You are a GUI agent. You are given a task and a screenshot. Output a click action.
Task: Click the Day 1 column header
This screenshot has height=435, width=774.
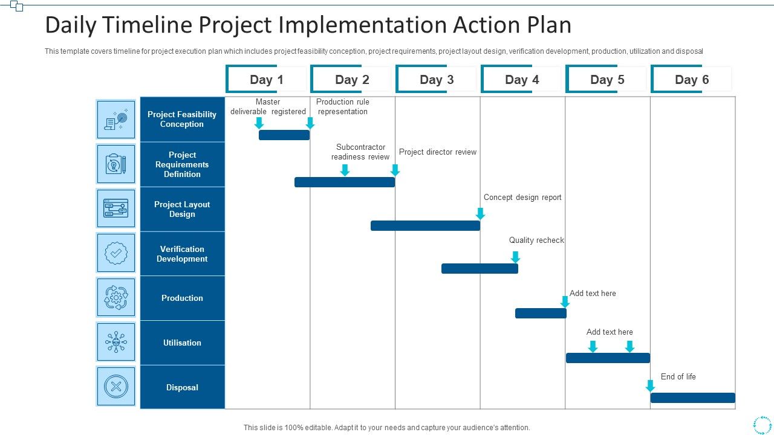pyautogui.click(x=267, y=80)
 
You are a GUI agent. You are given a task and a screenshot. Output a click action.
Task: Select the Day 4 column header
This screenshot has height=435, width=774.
pyautogui.click(x=522, y=80)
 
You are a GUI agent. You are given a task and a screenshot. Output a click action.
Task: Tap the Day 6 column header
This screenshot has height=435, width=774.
pyautogui.click(x=692, y=80)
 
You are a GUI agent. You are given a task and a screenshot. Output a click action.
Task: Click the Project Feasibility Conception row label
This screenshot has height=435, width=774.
pyautogui.click(x=182, y=119)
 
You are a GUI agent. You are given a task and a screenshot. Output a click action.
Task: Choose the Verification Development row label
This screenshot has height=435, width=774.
pyautogui.click(x=182, y=254)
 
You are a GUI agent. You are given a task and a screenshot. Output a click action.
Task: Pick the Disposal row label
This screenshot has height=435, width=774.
pyautogui.click(x=182, y=387)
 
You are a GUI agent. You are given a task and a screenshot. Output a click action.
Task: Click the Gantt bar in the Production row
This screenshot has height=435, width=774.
pyautogui.click(x=541, y=313)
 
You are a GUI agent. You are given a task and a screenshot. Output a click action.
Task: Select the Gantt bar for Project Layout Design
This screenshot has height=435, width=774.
pyautogui.click(x=425, y=225)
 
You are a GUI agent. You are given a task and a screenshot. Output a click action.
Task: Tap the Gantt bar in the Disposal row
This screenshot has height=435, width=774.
pyautogui.click(x=692, y=398)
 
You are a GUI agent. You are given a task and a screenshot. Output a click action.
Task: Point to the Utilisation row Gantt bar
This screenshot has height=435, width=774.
pyautogui.click(x=608, y=358)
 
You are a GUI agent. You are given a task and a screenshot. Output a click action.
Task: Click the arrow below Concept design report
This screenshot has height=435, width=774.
pyautogui.click(x=480, y=213)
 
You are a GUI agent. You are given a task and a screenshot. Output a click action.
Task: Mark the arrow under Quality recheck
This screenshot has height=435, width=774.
pyautogui.click(x=515, y=257)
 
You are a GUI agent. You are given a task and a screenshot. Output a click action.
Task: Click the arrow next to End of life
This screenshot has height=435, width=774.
pyautogui.click(x=650, y=385)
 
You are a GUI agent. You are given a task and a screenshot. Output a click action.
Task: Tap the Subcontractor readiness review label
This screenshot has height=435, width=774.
pyautogui.click(x=360, y=152)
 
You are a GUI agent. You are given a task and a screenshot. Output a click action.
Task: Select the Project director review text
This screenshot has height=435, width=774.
pyautogui.click(x=438, y=152)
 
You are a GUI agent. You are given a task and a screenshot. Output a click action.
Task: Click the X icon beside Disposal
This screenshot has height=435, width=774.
pyautogui.click(x=116, y=386)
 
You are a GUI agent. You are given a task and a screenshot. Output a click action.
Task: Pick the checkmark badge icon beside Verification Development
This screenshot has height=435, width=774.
pyautogui.click(x=116, y=253)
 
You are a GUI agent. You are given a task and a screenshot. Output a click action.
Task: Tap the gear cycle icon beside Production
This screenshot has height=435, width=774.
pyautogui.click(x=116, y=297)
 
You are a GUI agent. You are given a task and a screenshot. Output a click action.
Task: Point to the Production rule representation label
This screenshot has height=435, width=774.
pyautogui.click(x=342, y=106)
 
